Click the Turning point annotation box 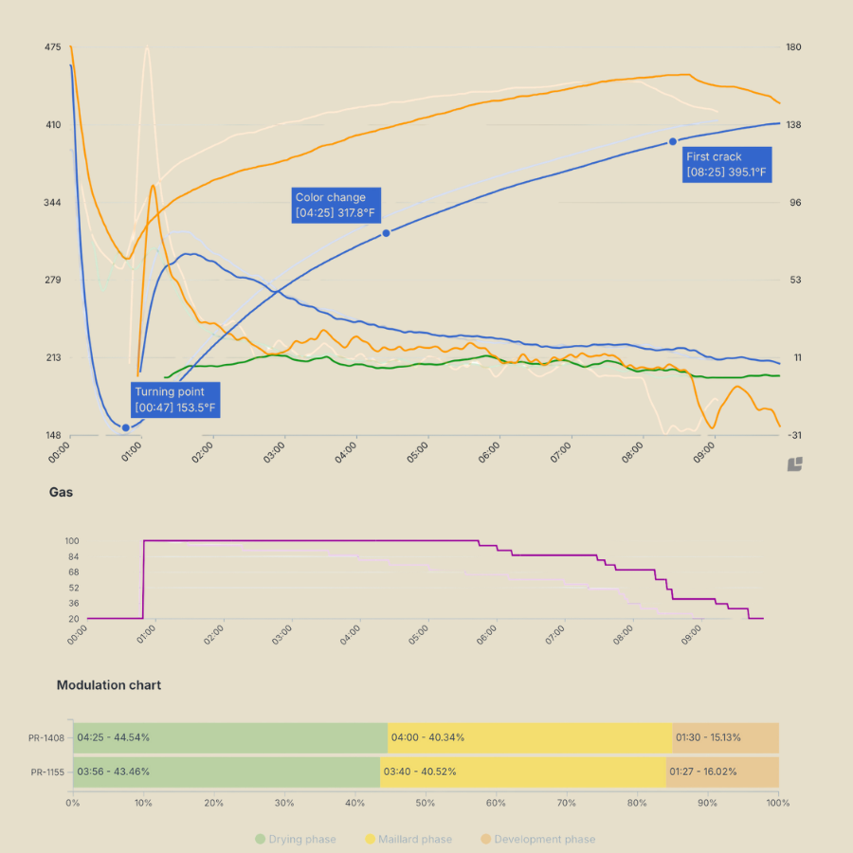175,400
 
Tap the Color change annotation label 336,205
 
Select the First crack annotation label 726,164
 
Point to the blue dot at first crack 673,141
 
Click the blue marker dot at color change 386,233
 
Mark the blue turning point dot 125,427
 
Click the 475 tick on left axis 52,47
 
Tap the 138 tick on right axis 795,125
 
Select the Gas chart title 61,493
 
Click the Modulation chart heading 108,685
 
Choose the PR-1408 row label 46,737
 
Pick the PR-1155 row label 46,771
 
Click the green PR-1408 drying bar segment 230,737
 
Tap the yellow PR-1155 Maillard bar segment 523,771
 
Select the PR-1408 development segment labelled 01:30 725,737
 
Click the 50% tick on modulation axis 426,803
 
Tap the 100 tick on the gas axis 71,541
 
